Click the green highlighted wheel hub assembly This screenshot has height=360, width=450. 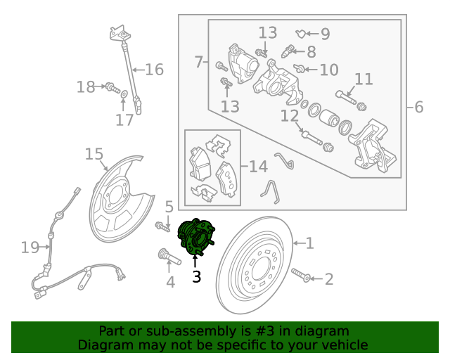click(x=196, y=237)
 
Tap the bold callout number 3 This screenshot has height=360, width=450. click(x=197, y=277)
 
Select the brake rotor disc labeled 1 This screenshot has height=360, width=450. click(x=255, y=265)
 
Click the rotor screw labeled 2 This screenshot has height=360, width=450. click(x=301, y=274)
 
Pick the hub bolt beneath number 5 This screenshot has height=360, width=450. click(x=162, y=227)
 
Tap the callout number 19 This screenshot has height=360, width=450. click(x=30, y=247)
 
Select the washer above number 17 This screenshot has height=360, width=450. click(x=124, y=94)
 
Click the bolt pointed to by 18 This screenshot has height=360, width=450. click(x=112, y=87)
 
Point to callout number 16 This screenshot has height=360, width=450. click(x=154, y=70)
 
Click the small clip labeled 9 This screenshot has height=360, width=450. click(x=300, y=34)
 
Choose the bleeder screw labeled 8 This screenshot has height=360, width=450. click(x=288, y=51)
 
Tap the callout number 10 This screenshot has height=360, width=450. click(x=329, y=70)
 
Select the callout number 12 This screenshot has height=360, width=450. click(x=289, y=116)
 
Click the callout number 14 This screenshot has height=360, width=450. click(x=258, y=167)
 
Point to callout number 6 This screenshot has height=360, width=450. click(x=419, y=107)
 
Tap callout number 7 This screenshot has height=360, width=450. click(x=198, y=62)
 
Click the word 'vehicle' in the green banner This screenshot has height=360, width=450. click(x=345, y=345)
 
